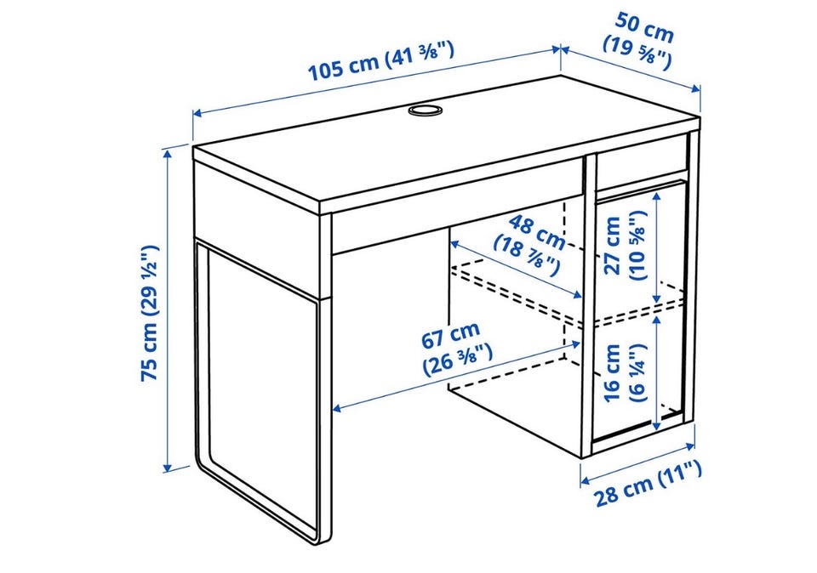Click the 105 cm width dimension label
pyautogui.click(x=381, y=61)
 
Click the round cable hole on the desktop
pyautogui.click(x=424, y=111)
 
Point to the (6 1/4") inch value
pyautogui.click(x=638, y=372)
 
